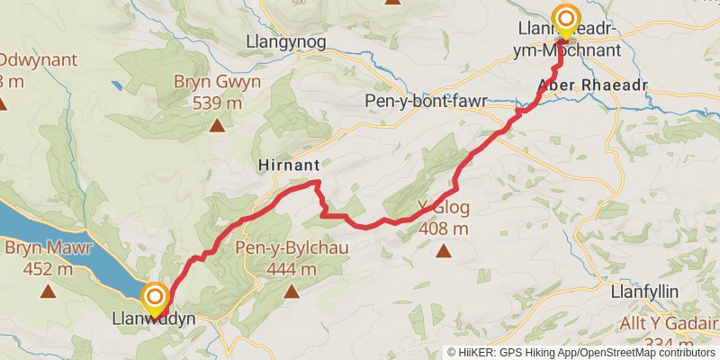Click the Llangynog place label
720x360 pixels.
[285, 41]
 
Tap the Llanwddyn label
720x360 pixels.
[154, 319]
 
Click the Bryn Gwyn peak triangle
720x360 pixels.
[217, 124]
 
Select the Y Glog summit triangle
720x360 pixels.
[443, 252]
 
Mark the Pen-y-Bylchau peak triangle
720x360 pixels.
[292, 291]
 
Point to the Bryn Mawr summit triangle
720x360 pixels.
[48, 291]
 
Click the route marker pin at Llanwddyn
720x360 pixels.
[156, 298]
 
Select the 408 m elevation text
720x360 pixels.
[444, 229]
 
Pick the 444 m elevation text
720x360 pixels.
[291, 268]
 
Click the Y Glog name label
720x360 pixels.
[444, 209]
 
